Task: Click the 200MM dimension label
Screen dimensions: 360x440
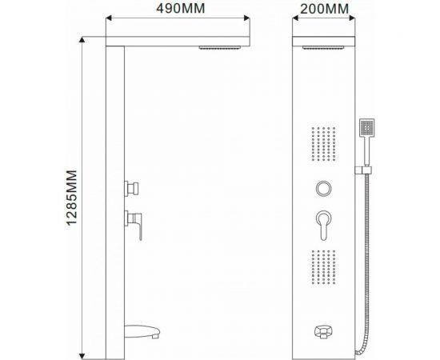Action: tap(326, 10)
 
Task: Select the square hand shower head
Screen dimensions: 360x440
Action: tap(367, 129)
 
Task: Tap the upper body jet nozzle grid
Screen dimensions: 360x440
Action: tap(323, 143)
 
